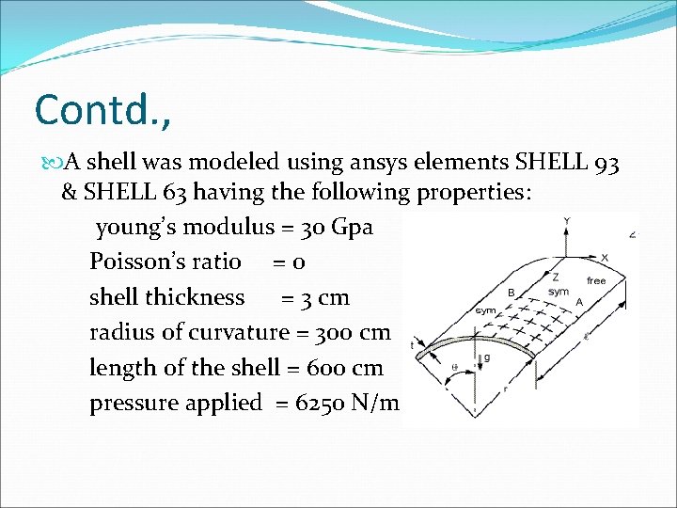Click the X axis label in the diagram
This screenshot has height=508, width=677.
coord(604,257)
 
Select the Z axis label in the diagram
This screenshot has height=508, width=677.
coord(557,278)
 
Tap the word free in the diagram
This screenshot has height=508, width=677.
coord(596,280)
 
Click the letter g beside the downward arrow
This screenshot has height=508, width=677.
coord(486,357)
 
